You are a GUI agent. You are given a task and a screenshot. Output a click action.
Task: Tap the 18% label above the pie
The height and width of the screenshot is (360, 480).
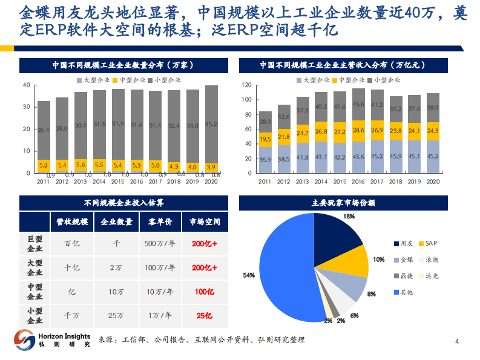349,216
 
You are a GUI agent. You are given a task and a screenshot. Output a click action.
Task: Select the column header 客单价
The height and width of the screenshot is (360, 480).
160,222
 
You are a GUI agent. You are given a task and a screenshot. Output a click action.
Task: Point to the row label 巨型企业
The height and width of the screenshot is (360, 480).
35,244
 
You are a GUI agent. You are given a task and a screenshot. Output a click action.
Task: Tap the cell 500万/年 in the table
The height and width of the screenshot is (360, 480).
160,244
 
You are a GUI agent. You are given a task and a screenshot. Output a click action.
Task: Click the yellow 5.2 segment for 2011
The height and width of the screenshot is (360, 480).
44,164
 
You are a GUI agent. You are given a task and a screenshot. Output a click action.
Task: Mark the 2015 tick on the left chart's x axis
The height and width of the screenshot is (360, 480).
118,181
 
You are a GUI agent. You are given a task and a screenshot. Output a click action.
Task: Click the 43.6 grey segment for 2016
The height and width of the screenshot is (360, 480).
358,104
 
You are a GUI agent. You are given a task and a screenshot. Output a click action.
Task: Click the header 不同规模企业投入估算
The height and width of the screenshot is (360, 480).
124,203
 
